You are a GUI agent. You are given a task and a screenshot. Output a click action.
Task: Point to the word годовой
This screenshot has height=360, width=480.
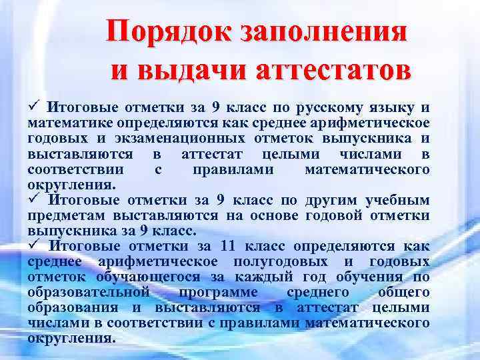[335, 215]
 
